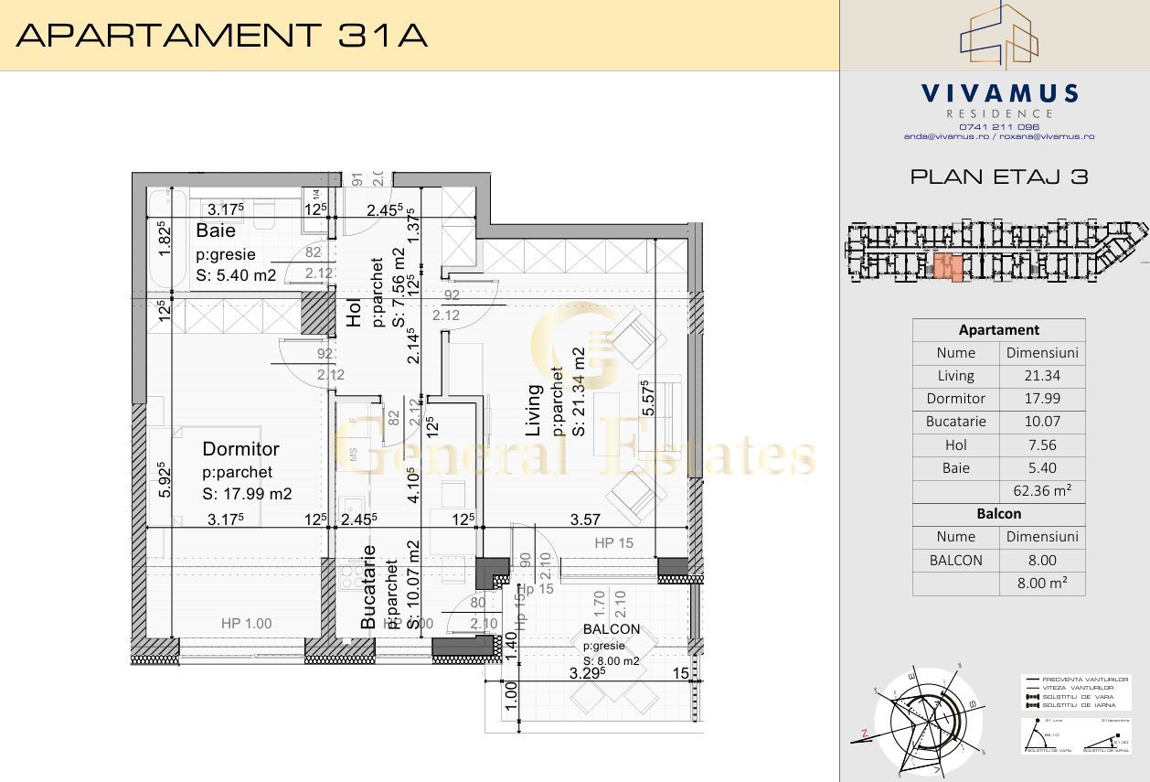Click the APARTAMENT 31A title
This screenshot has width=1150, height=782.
coord(222,36)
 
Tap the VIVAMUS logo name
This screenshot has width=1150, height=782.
coord(999,93)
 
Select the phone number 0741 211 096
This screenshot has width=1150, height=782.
coord(999,126)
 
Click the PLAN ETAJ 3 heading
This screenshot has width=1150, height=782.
coord(999,177)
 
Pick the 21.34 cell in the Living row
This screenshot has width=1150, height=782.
coord(1042,375)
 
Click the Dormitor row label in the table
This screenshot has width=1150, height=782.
coord(955,399)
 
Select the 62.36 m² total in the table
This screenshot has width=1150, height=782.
coord(1042,491)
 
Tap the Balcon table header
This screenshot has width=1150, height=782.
coord(998,514)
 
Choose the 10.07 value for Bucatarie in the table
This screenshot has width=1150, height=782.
coord(1042,422)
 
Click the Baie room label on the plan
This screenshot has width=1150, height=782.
coord(216,232)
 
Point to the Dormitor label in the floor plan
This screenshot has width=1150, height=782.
coord(240,449)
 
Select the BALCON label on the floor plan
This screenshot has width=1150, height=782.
coord(612,629)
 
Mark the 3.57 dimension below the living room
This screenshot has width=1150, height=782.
coord(585,520)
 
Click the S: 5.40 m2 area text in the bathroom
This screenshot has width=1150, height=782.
coord(236,275)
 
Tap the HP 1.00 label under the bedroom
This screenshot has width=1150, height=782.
coord(247,624)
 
